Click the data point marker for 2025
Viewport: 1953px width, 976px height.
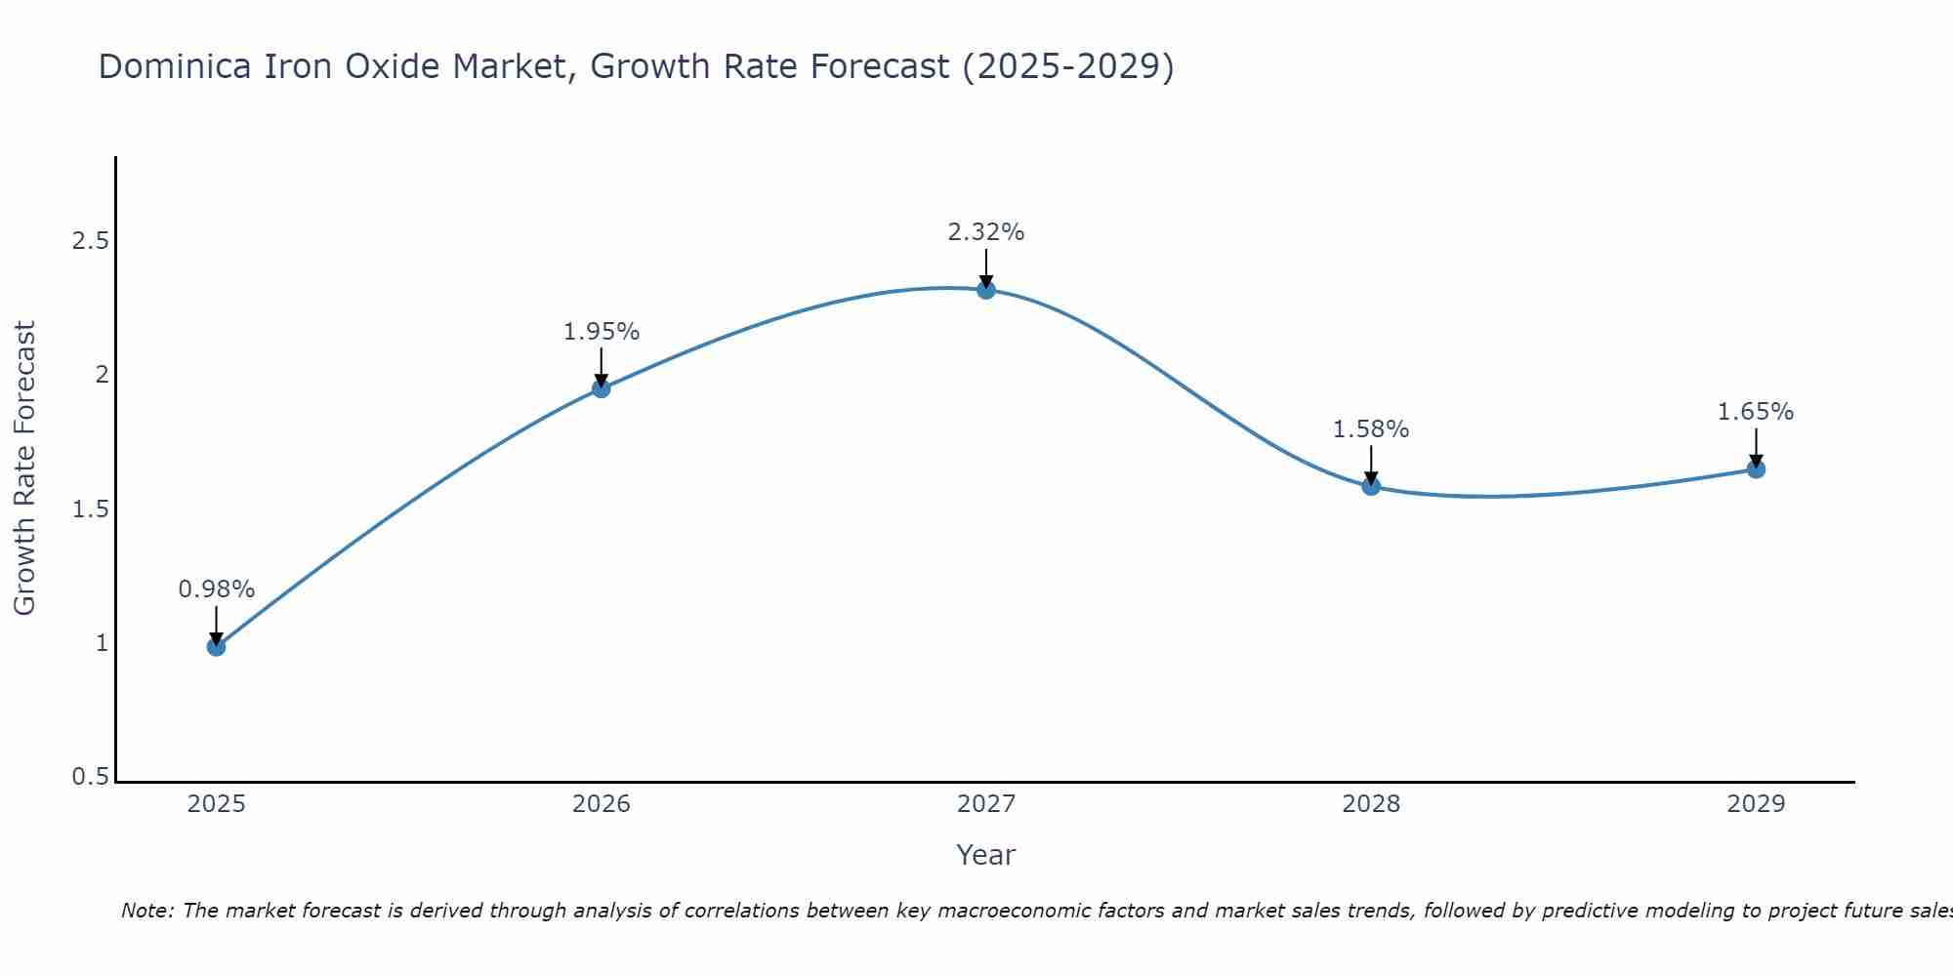pos(217,646)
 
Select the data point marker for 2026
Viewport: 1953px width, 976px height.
pos(602,388)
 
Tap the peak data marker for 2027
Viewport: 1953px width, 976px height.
pos(986,289)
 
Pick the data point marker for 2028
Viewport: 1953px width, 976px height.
pos(1371,486)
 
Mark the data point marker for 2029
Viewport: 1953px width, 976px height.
pos(1756,468)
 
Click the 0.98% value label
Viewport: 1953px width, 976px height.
pos(217,590)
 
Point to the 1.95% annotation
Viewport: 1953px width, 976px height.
pos(602,332)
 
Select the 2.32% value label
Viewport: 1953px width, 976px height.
pos(986,232)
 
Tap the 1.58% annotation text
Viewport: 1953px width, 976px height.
pos(1371,429)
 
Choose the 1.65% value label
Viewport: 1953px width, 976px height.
pos(1756,412)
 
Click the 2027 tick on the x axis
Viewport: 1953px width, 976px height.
pos(986,804)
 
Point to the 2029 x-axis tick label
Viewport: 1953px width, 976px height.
pos(1756,804)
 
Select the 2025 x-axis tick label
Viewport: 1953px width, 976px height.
pos(217,804)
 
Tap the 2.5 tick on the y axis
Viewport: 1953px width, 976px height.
pos(90,241)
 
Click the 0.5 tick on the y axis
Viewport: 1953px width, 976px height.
pos(90,777)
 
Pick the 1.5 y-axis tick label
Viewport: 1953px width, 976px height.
pos(90,509)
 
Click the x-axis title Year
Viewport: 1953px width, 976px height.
pos(986,855)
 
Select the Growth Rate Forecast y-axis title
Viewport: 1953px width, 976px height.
pos(24,468)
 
